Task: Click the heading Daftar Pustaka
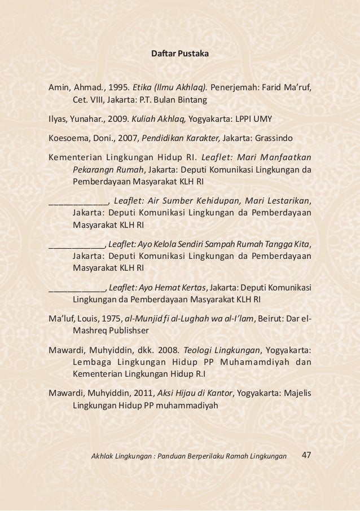[181, 55]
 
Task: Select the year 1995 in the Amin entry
[118, 88]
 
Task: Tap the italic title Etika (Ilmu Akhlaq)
[169, 88]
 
